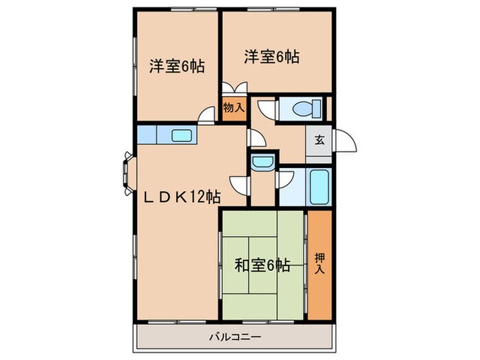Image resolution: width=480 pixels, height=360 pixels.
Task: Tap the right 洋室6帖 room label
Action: (271, 58)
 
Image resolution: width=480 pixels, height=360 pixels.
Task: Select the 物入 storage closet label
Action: (234, 108)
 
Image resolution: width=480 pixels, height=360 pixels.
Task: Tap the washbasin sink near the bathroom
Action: (261, 163)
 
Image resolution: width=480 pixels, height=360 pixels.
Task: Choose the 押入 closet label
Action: (320, 263)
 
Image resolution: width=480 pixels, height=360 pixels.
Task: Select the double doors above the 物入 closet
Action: (235, 90)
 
